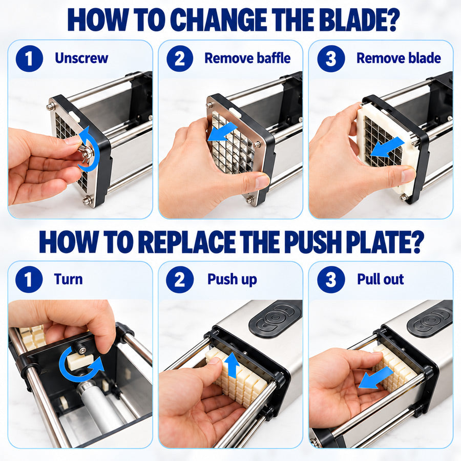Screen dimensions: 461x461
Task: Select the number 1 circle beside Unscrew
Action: [x=29, y=58]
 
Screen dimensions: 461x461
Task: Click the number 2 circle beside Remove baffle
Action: [x=180, y=58]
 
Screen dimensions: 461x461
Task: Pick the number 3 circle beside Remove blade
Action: [x=331, y=58]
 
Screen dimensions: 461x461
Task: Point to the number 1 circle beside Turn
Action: [x=29, y=279]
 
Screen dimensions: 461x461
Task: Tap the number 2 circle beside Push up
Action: [x=180, y=279]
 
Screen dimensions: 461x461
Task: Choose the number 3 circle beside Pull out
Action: [x=331, y=279]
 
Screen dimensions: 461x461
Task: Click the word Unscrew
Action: [x=81, y=58]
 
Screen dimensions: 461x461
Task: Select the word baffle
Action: [x=274, y=58]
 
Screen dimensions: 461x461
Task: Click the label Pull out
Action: [x=381, y=279]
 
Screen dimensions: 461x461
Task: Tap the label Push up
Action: [x=232, y=280]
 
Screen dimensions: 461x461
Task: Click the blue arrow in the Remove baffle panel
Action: [x=222, y=132]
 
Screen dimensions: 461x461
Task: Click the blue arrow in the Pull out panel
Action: [x=376, y=378]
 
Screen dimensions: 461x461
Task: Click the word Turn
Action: [x=68, y=279]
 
